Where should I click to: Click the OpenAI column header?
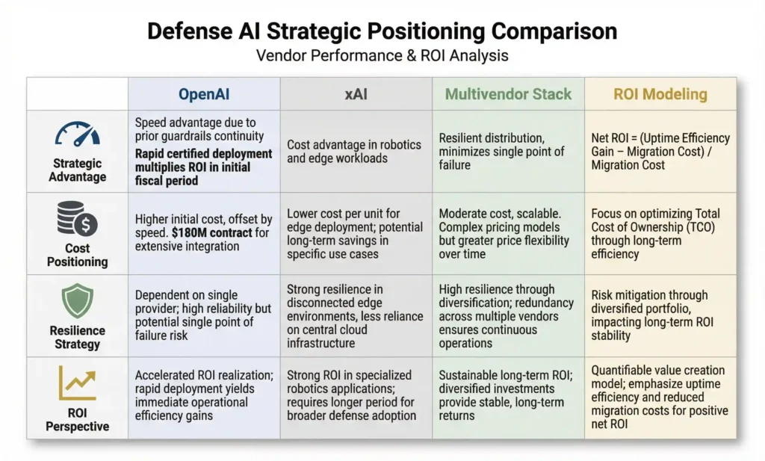click(204, 94)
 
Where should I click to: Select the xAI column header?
click(356, 94)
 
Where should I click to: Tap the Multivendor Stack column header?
click(508, 94)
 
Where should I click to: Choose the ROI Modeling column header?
click(660, 94)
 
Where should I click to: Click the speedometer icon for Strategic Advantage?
click(78, 134)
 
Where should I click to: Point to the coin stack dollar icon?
click(77, 220)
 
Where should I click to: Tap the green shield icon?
click(77, 302)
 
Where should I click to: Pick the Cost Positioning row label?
click(77, 255)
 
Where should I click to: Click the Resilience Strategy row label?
click(77, 337)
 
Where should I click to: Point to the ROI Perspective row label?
click(77, 419)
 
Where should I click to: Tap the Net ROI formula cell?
click(660, 151)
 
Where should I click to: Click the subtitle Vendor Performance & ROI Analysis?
click(382, 55)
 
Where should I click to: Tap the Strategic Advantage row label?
click(78, 170)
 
